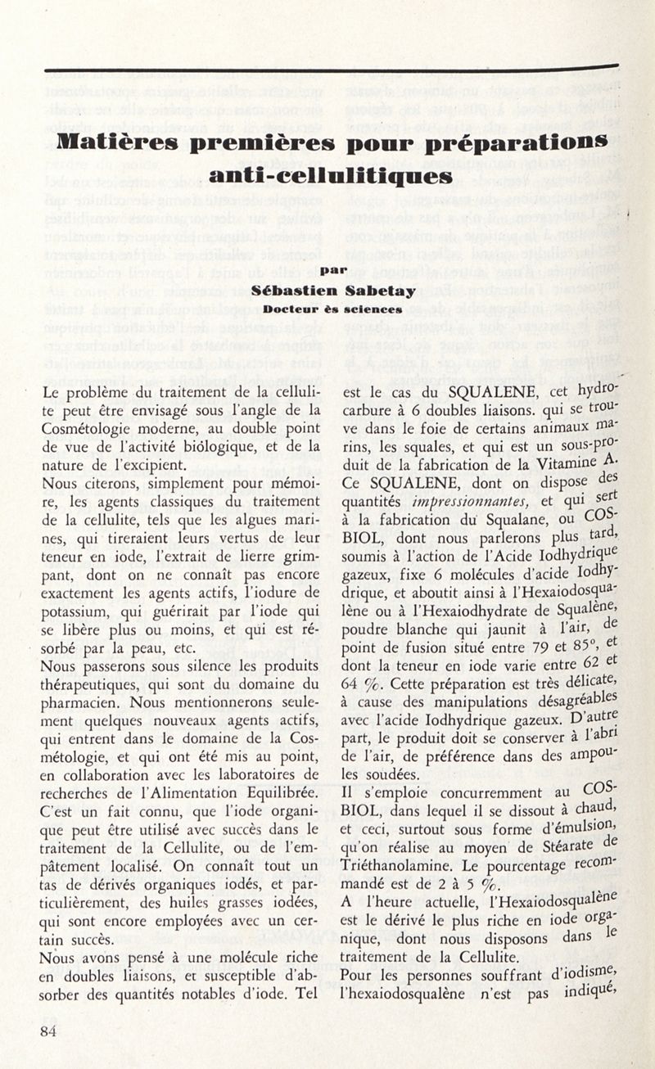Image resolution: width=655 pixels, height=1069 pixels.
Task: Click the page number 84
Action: (49, 1032)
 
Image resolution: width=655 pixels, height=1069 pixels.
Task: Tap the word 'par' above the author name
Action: (332, 268)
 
